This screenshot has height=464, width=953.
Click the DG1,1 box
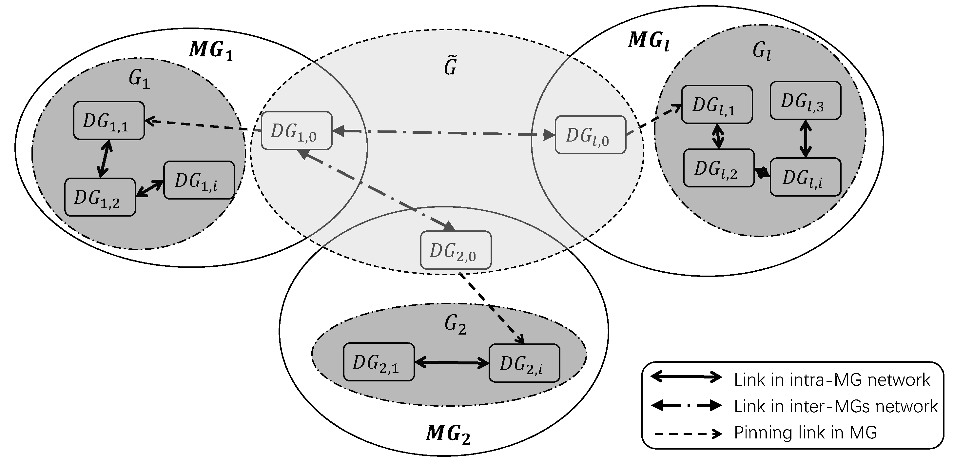[x=109, y=121]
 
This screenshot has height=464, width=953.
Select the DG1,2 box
[x=100, y=197]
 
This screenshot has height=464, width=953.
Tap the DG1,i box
[x=199, y=180]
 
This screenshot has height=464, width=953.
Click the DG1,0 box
[x=296, y=131]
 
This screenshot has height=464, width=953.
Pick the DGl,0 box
[x=591, y=135]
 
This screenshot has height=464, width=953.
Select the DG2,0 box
[x=456, y=250]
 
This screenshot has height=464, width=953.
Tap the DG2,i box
[x=524, y=363]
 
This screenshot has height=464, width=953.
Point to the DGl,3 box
[x=806, y=101]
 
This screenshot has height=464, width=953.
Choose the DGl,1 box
[x=717, y=104]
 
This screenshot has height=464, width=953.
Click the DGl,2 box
[x=718, y=168]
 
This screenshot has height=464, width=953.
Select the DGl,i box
[x=806, y=177]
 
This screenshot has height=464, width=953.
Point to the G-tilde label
[x=450, y=66]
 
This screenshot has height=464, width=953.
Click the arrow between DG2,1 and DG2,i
[x=452, y=363]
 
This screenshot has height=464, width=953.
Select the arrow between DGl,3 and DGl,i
[x=806, y=139]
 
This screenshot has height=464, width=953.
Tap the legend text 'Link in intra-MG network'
[x=832, y=380]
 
